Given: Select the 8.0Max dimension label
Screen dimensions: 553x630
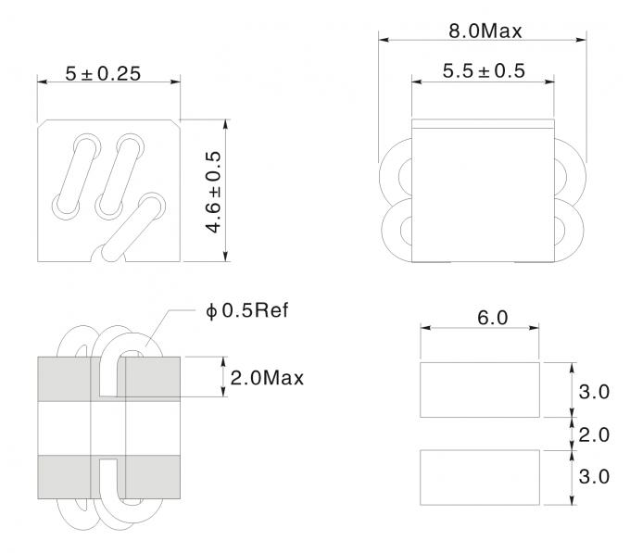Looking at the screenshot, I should [x=485, y=30].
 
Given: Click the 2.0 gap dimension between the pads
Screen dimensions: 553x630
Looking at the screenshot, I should [x=593, y=434].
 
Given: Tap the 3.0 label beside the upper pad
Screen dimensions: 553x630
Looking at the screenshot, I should [x=593, y=391].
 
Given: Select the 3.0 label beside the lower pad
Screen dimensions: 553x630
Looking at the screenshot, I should [x=593, y=477].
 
